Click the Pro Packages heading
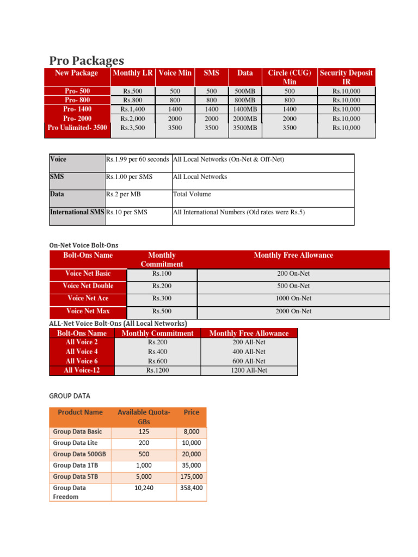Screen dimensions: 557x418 (x=87, y=60)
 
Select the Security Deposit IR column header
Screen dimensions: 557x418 (x=347, y=77)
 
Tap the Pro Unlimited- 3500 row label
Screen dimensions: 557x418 (x=77, y=128)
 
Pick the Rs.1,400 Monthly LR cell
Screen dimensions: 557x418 (x=133, y=109)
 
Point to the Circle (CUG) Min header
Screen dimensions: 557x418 (x=289, y=77)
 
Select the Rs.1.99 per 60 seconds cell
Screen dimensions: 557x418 (x=137, y=159)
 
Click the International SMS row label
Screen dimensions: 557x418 (x=77, y=212)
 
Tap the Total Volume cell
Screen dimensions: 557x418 (x=192, y=194)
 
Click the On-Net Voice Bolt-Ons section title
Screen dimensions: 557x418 (x=83, y=245)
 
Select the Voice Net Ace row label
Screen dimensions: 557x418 (x=88, y=298)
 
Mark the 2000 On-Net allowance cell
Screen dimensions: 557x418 (x=294, y=311)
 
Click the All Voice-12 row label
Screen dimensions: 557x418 (x=82, y=370)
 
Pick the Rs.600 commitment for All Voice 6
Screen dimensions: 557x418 (x=157, y=361)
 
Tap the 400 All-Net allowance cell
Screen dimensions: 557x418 (x=249, y=352)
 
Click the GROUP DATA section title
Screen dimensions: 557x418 (x=70, y=395)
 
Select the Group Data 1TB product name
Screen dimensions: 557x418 (x=73, y=465)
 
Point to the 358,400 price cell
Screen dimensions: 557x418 (x=191, y=488)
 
